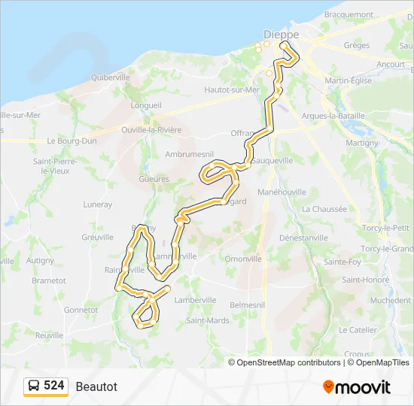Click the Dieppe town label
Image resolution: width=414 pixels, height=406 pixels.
(x=281, y=35)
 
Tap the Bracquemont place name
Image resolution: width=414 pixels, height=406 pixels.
(x=349, y=14)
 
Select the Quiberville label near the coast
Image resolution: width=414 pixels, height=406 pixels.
(x=110, y=77)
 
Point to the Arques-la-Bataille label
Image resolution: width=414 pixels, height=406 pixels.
(x=333, y=116)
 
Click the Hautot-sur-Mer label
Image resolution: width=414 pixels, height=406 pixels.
(x=232, y=89)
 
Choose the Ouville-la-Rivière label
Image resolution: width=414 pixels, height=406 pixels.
(x=151, y=129)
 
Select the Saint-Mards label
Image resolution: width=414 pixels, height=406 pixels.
(x=208, y=320)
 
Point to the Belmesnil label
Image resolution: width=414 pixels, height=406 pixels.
(x=247, y=305)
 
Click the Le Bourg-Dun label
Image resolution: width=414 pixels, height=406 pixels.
(x=72, y=141)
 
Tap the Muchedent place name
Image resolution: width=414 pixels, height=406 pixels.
(x=391, y=299)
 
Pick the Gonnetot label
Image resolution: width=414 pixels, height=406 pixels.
(x=81, y=309)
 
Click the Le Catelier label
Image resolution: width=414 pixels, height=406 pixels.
(x=358, y=329)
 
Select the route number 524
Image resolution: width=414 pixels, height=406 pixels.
(x=54, y=386)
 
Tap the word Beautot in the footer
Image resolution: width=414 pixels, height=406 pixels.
(x=96, y=386)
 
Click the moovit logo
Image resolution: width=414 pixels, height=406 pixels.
(x=357, y=387)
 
